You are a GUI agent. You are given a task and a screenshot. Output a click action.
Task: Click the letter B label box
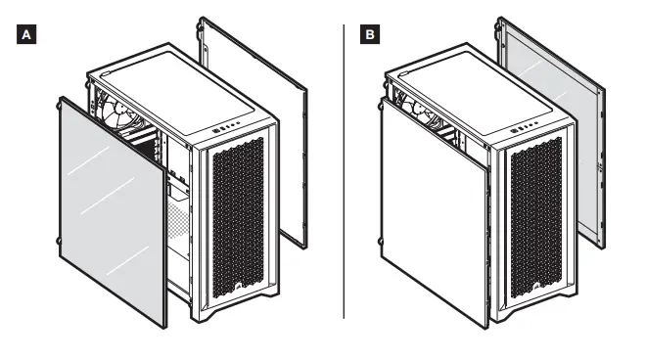[x=369, y=35]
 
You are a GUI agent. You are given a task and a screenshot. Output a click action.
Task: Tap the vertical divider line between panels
[x=344, y=171]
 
